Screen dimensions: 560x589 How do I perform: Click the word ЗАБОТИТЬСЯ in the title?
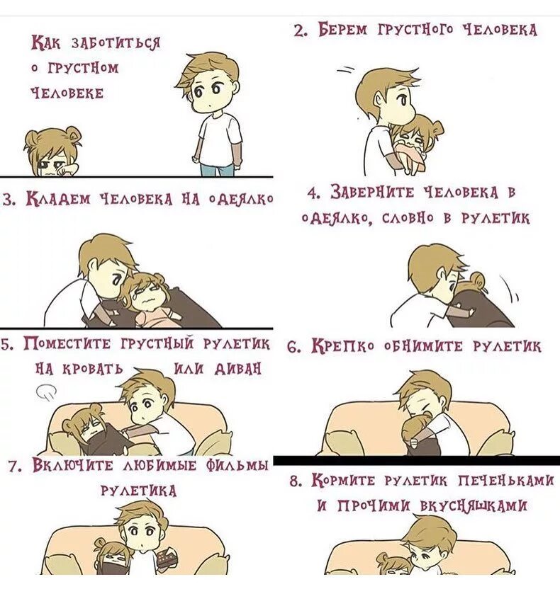[116, 42]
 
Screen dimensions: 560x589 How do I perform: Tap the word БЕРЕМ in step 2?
[342, 29]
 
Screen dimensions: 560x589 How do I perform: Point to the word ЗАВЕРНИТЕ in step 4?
[372, 193]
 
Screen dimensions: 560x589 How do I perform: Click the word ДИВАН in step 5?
[237, 369]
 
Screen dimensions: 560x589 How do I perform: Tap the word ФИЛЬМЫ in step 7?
[237, 466]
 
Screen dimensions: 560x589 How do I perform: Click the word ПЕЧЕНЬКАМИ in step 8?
[506, 481]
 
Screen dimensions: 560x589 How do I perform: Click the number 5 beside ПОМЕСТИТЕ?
[6, 345]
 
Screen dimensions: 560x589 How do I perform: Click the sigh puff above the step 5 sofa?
[46, 391]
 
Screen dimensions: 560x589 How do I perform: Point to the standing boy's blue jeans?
[218, 170]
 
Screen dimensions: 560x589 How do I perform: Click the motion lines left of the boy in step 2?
[346, 70]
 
